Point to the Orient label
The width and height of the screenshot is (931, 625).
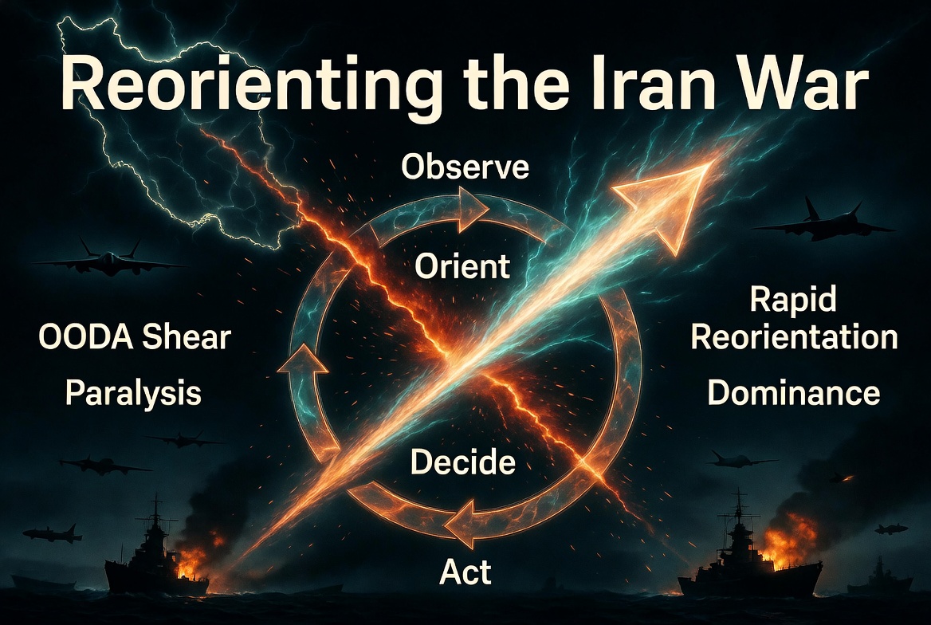462,265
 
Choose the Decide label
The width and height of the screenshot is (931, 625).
463,462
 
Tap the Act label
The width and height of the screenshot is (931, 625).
465,572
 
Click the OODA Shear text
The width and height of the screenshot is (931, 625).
135,337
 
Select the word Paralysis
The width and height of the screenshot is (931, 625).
134,394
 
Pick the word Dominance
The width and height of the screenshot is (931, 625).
793,393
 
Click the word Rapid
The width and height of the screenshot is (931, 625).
792,300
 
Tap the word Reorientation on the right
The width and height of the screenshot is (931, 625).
795,337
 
